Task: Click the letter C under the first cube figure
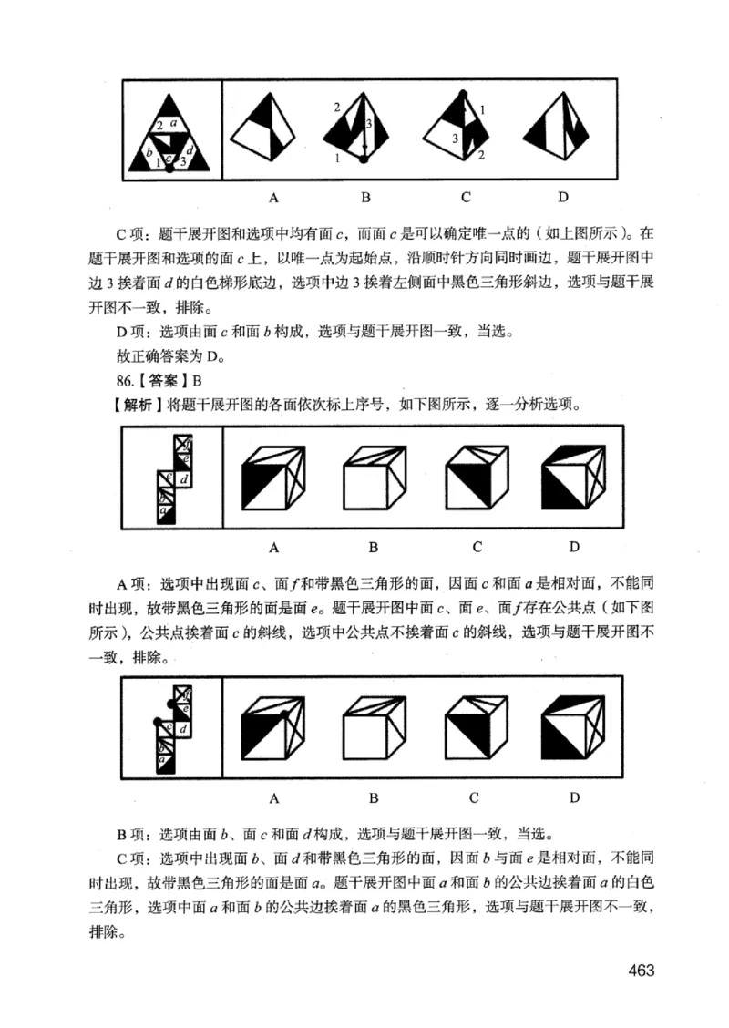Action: [x=476, y=547]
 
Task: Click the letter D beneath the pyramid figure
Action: [x=563, y=196]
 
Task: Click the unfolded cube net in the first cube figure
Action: [x=173, y=478]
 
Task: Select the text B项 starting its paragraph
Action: [x=133, y=834]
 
